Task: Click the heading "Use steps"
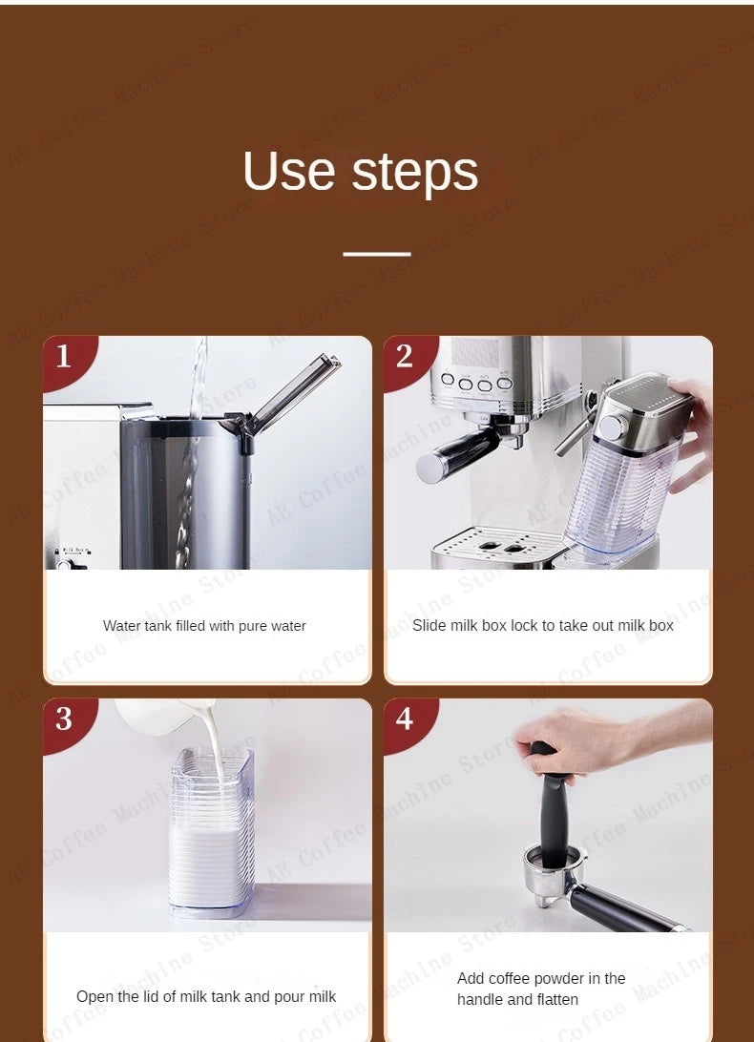[x=361, y=172]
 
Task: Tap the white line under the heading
[x=376, y=255]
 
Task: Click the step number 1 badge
[x=64, y=357]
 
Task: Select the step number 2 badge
[x=405, y=357]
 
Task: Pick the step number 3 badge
[x=64, y=719]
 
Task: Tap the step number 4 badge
[x=405, y=719]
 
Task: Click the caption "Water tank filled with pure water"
[x=204, y=626]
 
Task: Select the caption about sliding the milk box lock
[x=543, y=625]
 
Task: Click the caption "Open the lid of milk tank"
[x=206, y=996]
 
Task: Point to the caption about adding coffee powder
[x=541, y=989]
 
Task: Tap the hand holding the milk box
[x=689, y=429]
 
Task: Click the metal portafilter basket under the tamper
[x=548, y=874]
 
